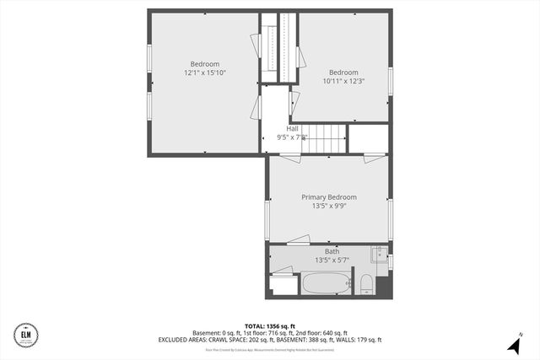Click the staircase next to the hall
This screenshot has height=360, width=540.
(x=326, y=138)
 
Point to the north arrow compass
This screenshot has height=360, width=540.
(x=513, y=345)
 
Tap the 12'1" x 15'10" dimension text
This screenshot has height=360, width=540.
(x=204, y=73)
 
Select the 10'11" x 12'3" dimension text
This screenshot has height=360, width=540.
(x=343, y=81)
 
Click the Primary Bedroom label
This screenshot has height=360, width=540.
(x=329, y=196)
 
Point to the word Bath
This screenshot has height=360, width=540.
(x=332, y=251)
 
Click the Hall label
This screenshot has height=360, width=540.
(x=292, y=128)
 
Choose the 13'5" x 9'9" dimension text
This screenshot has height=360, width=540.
(x=329, y=206)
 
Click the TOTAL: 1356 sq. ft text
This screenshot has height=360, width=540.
(x=269, y=325)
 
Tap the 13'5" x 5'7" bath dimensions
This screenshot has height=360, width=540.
(x=332, y=261)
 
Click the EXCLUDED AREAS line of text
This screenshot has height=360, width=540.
(x=269, y=340)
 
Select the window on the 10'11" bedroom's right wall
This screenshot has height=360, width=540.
(x=390, y=80)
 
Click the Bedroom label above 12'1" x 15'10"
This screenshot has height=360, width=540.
(x=204, y=64)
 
